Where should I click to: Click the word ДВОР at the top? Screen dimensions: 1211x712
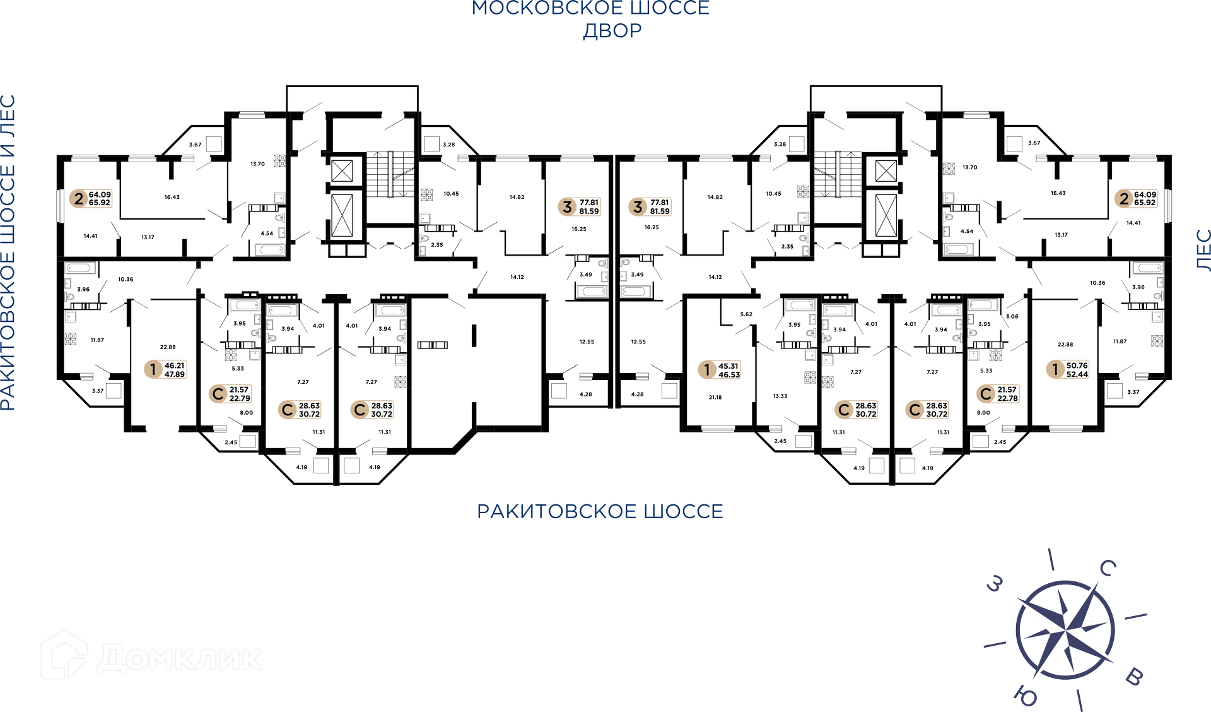(612, 31)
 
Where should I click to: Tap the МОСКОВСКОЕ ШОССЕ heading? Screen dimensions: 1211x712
(591, 8)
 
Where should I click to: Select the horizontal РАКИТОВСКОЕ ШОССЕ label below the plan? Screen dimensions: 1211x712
(600, 511)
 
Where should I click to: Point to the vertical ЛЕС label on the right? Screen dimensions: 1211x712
(1203, 250)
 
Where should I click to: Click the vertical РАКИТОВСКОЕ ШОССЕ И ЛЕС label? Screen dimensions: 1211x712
(8, 252)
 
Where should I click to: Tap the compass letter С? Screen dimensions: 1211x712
(1108, 568)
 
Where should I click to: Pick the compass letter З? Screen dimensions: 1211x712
(995, 584)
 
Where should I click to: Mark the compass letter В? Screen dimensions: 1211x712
(1134, 677)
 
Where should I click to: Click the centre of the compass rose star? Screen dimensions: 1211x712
(1065, 629)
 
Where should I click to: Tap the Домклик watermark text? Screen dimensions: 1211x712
(180, 658)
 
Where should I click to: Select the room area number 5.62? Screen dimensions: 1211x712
(746, 314)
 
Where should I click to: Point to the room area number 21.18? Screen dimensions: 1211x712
(715, 398)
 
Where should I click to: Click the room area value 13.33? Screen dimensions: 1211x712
(780, 396)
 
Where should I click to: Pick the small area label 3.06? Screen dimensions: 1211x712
(1012, 317)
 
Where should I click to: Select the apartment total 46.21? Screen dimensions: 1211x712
(175, 365)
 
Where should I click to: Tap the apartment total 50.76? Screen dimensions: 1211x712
(1077, 365)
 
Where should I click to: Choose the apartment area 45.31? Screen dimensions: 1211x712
(728, 366)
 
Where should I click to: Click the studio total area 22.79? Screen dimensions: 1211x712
(240, 398)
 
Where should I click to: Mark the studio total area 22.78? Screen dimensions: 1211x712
(1008, 398)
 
